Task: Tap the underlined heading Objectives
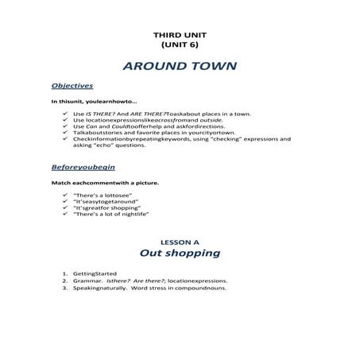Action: (72, 85)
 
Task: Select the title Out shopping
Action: (179, 254)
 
